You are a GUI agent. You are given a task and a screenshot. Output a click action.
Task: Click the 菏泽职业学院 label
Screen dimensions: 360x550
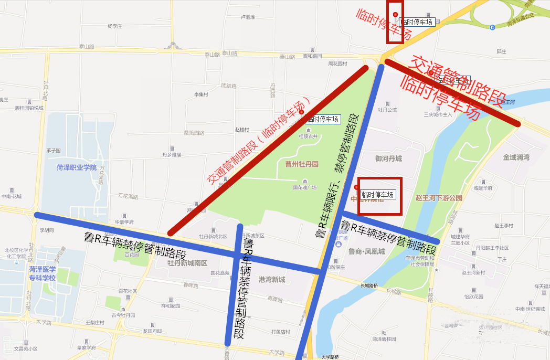pyautogui.click(x=77, y=167)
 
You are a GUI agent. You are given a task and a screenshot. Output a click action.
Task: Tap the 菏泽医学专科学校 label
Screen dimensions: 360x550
pyautogui.click(x=43, y=273)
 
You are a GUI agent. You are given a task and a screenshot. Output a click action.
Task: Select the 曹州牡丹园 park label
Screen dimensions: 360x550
pyautogui.click(x=302, y=164)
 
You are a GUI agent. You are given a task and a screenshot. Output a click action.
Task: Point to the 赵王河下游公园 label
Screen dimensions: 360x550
pyautogui.click(x=438, y=198)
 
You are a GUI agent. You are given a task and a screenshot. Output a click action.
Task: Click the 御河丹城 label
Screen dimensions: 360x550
pyautogui.click(x=388, y=158)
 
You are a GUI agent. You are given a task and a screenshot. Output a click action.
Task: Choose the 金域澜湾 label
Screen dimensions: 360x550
pyautogui.click(x=516, y=157)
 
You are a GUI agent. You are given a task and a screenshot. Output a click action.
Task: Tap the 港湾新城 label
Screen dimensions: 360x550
pyautogui.click(x=272, y=280)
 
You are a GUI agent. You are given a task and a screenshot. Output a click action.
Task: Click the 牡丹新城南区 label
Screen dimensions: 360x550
pyautogui.click(x=188, y=262)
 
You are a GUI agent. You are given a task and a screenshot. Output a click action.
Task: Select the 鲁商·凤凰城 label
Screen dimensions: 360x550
pyautogui.click(x=366, y=251)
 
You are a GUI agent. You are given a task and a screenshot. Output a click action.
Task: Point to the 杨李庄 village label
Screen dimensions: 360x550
pyautogui.click(x=114, y=26)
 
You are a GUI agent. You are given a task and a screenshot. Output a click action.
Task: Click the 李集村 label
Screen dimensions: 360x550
pyautogui.click(x=202, y=94)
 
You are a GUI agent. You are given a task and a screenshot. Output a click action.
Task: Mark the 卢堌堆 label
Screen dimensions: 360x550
pyautogui.click(x=247, y=17)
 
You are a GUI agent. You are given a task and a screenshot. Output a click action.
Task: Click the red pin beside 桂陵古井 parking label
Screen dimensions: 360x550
pyautogui.click(x=301, y=112)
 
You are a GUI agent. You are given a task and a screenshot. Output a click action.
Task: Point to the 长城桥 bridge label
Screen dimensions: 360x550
pyautogui.click(x=369, y=286)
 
